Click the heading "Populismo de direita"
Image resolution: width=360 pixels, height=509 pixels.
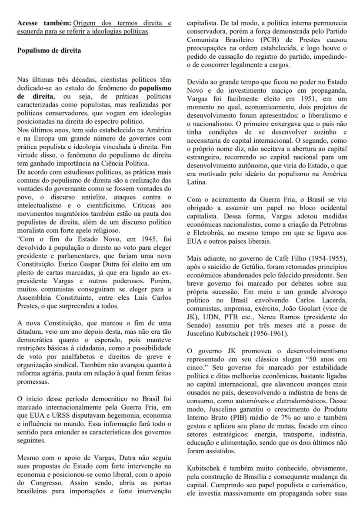point(49,50)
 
